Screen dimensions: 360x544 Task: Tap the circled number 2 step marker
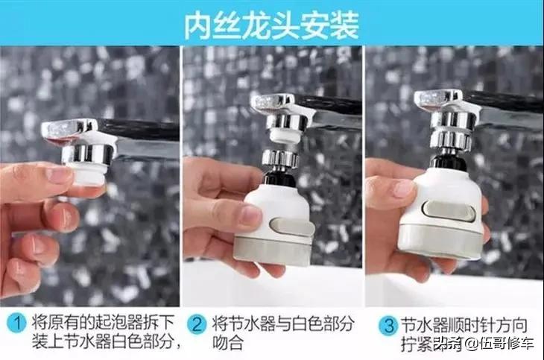(x=196, y=324)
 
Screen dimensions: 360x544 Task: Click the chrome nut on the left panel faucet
(x=87, y=152)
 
